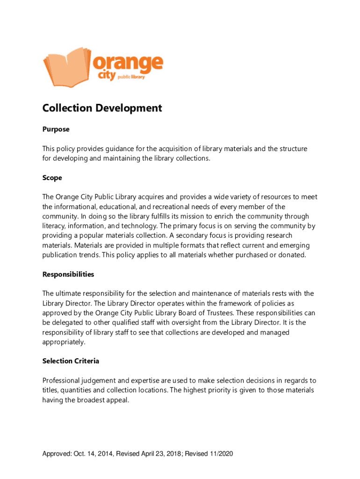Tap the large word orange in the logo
[x=128, y=63]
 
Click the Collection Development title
[x=102, y=108]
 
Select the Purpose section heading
[x=56, y=129]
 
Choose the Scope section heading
[x=52, y=178]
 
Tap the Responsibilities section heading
[x=68, y=274]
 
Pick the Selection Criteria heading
[x=71, y=361]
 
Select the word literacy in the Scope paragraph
[x=54, y=226]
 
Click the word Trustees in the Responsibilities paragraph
[x=230, y=313]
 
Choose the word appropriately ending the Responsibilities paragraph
[x=64, y=342]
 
